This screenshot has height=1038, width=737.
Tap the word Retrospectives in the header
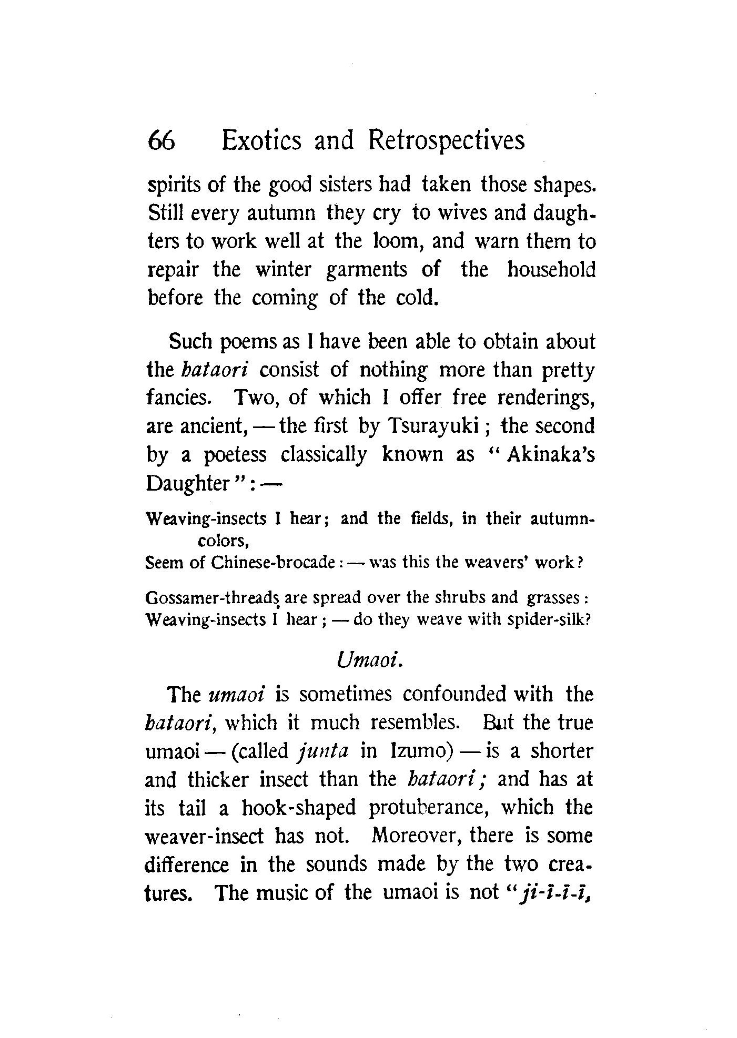(x=446, y=140)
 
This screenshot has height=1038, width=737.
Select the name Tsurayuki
(x=432, y=425)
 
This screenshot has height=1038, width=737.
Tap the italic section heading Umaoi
(x=369, y=660)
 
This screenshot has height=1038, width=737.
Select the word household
(x=551, y=270)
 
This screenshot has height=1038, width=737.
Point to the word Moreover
(x=410, y=836)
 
